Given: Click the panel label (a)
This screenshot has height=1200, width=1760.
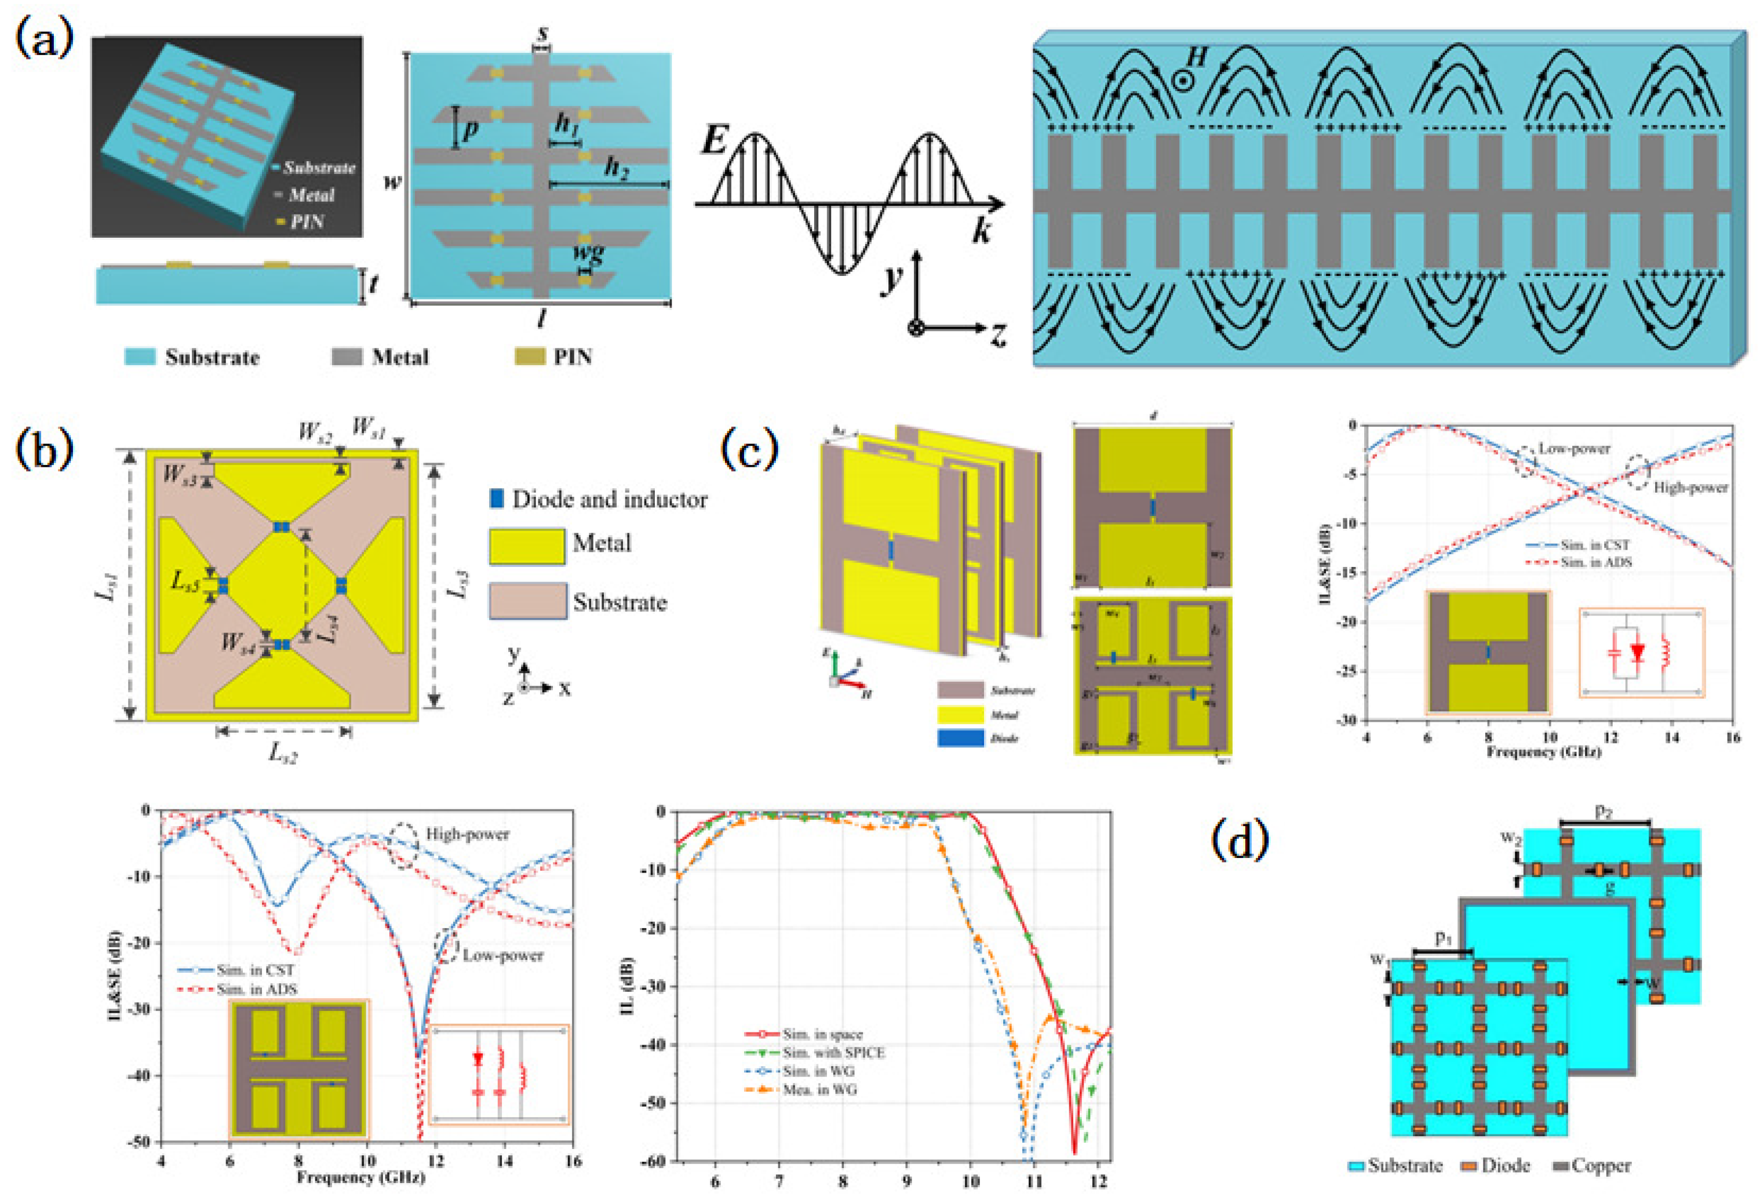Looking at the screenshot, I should (x=44, y=39).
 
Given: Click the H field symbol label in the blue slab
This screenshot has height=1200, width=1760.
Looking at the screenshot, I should (x=1195, y=59).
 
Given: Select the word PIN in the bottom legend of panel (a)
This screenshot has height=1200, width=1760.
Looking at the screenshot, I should (x=573, y=357).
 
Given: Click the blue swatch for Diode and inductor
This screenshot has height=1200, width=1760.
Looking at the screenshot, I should (x=497, y=499).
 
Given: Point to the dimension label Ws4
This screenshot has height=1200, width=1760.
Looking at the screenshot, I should (x=239, y=643).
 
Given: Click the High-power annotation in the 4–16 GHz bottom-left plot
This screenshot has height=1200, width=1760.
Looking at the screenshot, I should (x=467, y=834).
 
